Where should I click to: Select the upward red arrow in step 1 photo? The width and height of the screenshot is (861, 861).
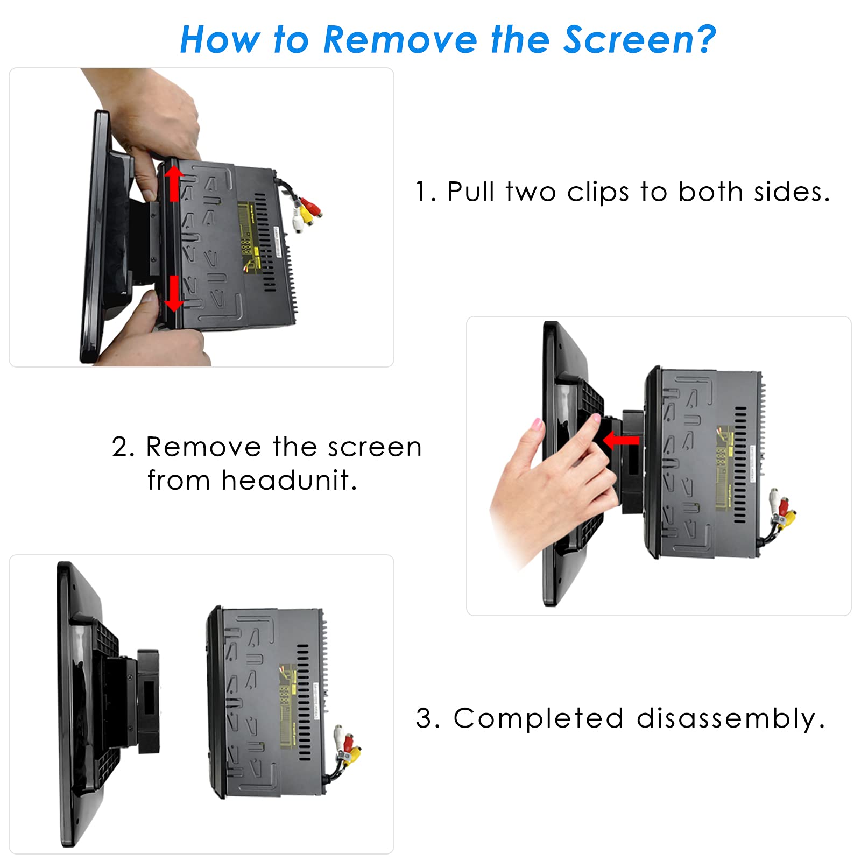point(173,184)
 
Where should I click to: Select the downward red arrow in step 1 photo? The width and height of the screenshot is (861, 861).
point(173,293)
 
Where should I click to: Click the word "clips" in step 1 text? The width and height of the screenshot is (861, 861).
point(598,193)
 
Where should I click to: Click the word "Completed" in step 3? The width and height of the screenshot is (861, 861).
point(538,718)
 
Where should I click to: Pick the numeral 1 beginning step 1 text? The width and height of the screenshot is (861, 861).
point(421,192)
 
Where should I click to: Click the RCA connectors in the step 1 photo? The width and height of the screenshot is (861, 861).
point(306,211)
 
